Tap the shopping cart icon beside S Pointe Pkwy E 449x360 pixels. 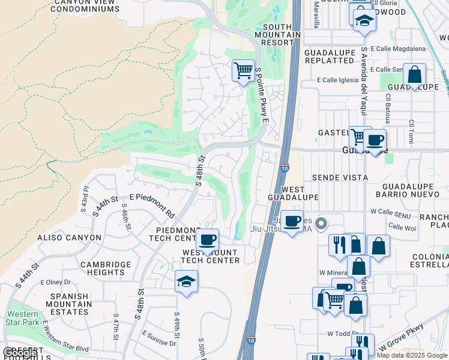pos(243,71)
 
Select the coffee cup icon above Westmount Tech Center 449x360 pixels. pos(208,240)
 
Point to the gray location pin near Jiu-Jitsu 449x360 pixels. pos(321,224)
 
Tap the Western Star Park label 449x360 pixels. pos(23,318)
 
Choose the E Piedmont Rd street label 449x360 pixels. pos(152,205)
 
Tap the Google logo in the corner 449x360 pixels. pos(20,353)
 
